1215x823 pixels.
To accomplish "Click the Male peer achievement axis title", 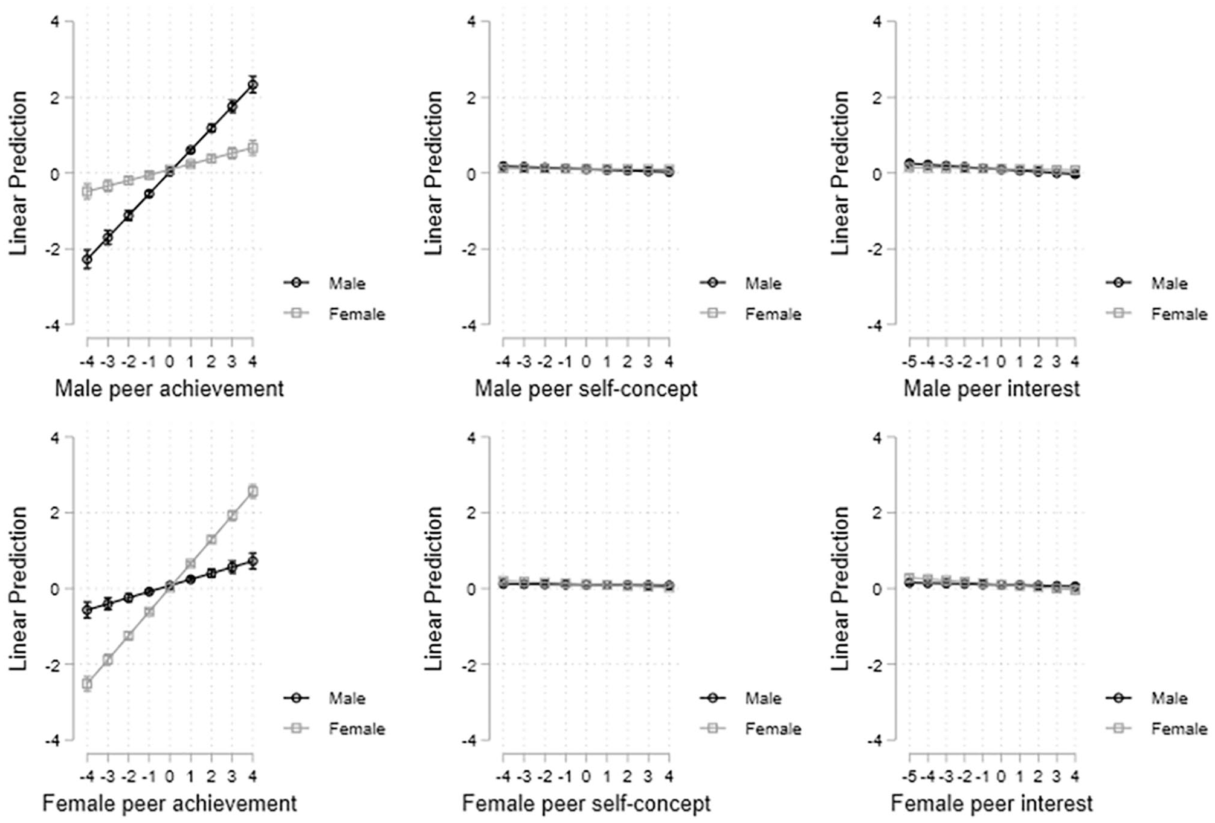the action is click(x=169, y=389).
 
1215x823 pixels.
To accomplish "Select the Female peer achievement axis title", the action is click(x=169, y=804).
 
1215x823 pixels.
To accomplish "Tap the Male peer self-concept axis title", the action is click(x=586, y=389).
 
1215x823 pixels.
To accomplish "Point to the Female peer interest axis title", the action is click(x=991, y=804).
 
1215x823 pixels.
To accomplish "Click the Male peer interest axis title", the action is click(x=991, y=389).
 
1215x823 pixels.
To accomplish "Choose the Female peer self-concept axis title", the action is click(x=586, y=804).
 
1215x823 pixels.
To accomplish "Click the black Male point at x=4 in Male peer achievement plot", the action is click(x=253, y=85).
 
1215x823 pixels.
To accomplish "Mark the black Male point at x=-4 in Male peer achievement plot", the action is click(x=88, y=260).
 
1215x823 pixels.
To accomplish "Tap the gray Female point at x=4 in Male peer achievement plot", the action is click(x=253, y=148).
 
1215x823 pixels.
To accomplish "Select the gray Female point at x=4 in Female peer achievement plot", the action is click(x=253, y=491).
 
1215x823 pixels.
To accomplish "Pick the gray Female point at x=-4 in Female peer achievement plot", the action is click(x=88, y=684).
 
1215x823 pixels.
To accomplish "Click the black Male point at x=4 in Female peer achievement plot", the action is click(x=253, y=561).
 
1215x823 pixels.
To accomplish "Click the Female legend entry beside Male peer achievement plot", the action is click(x=335, y=314).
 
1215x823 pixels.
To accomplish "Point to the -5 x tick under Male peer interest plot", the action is click(x=909, y=362).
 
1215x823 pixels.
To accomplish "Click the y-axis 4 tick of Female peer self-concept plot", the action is click(x=472, y=437).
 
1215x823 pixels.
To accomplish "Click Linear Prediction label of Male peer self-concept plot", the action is click(x=434, y=173).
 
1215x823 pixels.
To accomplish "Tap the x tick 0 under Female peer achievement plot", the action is click(x=170, y=776).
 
